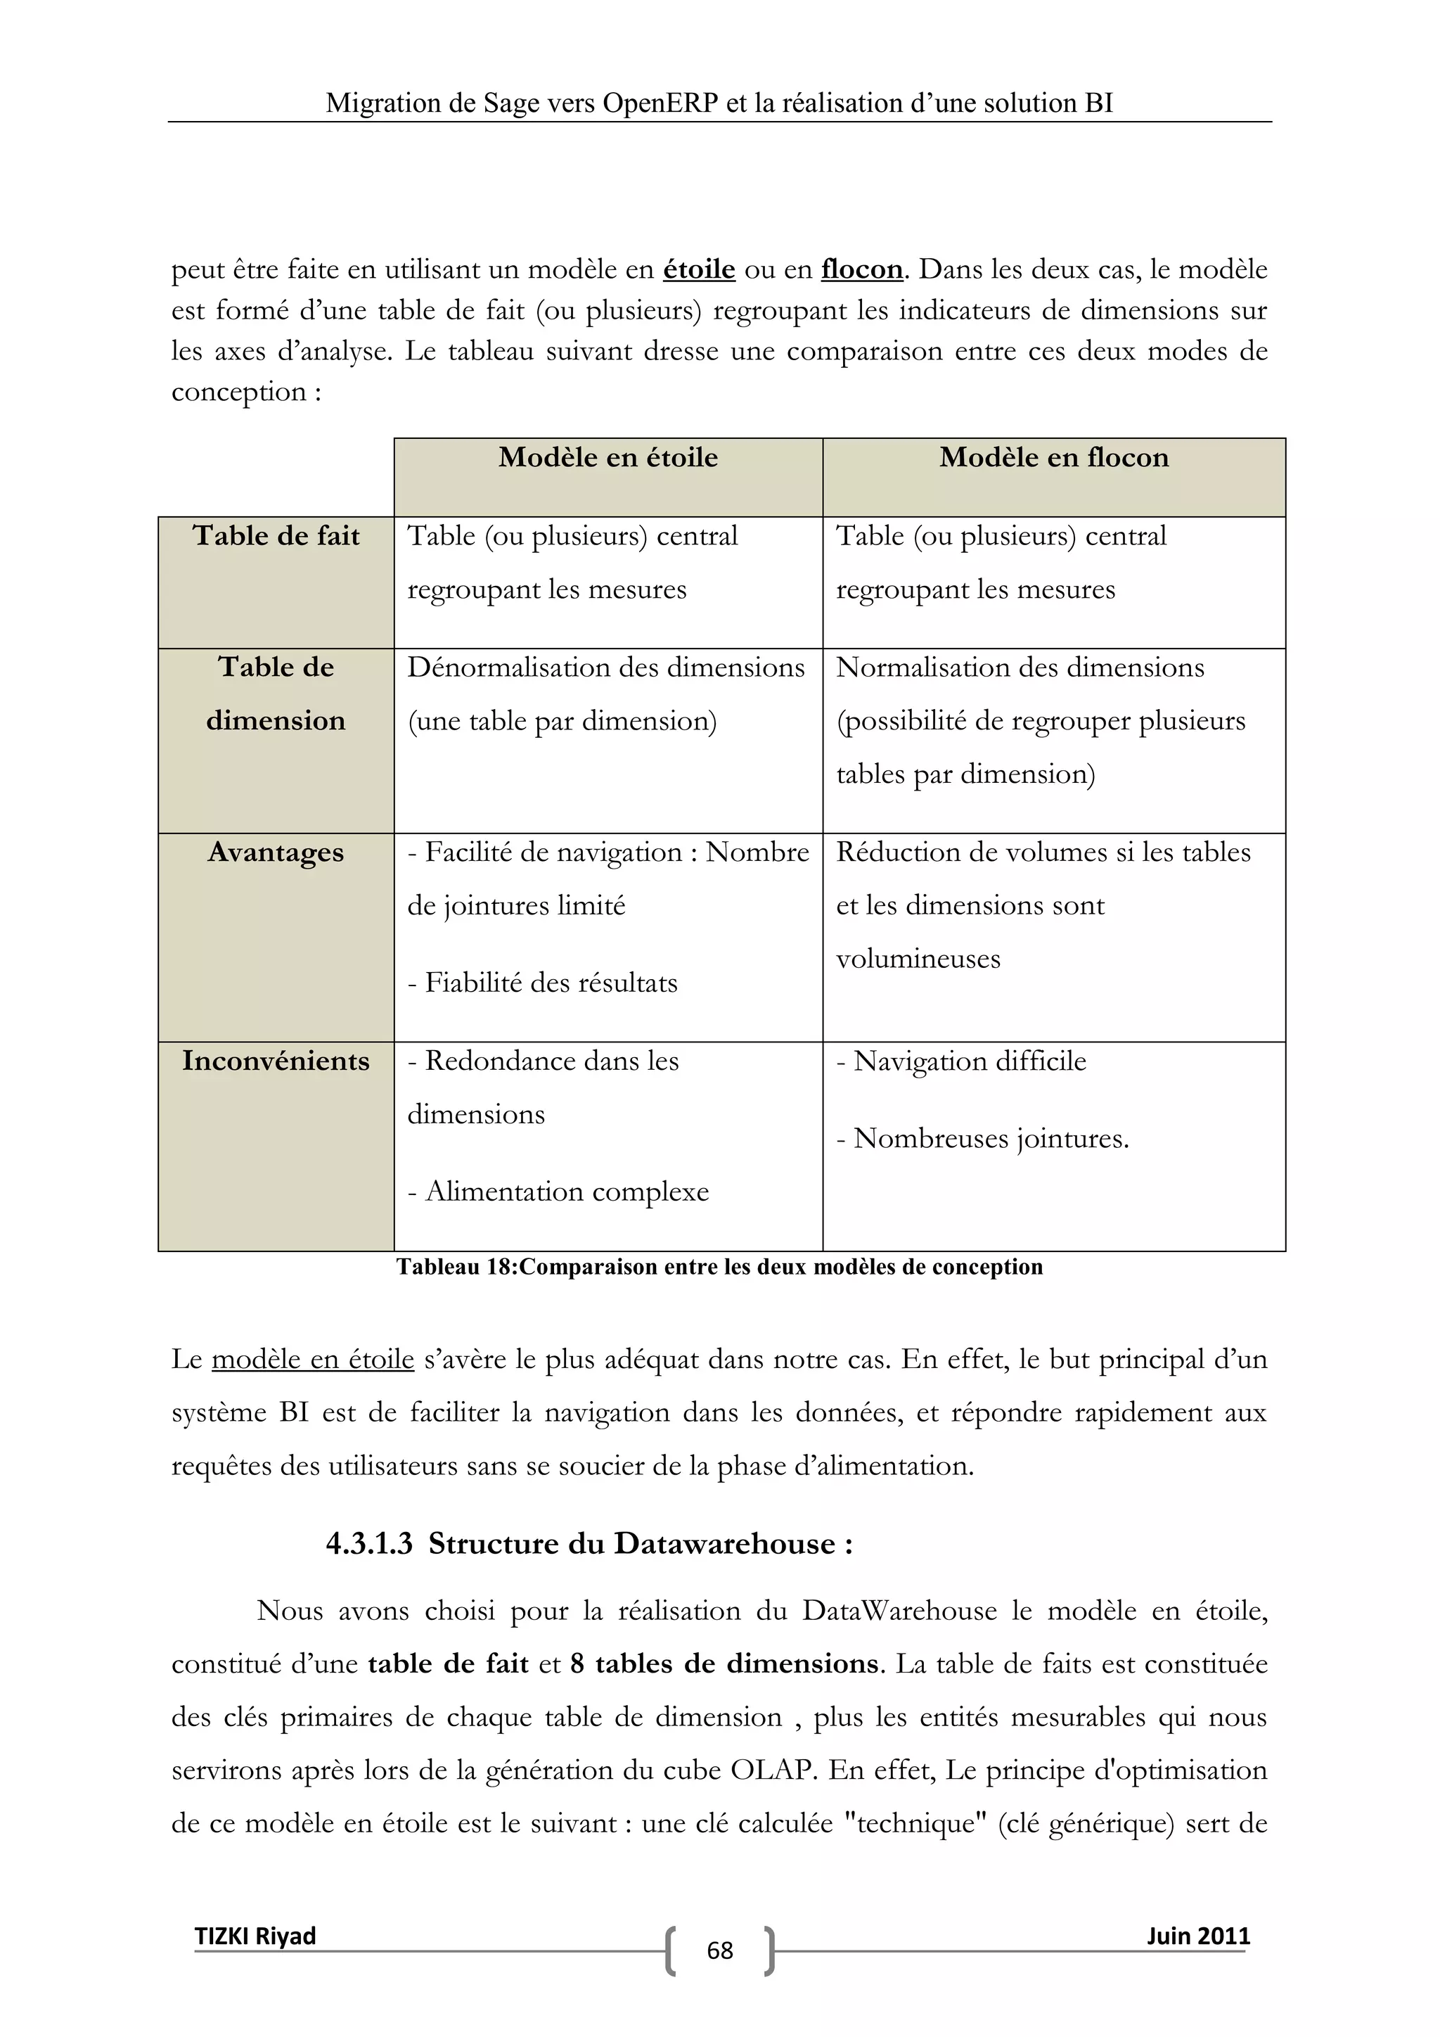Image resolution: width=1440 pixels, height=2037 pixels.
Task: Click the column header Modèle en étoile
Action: click(x=607, y=458)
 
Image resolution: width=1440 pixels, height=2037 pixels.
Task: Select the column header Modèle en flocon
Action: click(x=1053, y=458)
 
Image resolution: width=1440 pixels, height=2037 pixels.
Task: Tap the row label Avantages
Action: click(x=276, y=853)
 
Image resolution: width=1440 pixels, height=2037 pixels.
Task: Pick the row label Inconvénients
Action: click(x=276, y=1061)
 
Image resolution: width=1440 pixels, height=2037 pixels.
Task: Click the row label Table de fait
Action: click(x=276, y=536)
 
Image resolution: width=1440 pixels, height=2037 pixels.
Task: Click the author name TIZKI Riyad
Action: click(x=255, y=1935)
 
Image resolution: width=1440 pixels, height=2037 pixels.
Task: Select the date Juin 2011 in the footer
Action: click(x=1198, y=1935)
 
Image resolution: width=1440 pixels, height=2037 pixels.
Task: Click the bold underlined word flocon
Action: click(x=861, y=269)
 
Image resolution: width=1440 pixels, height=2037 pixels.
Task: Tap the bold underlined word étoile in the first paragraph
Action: click(x=699, y=269)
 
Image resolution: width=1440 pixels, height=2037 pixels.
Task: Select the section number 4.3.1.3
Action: click(x=369, y=1544)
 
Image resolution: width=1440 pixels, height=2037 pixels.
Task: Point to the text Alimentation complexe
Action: click(x=567, y=1192)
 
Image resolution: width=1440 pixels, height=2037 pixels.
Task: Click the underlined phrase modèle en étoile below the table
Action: click(x=312, y=1359)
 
